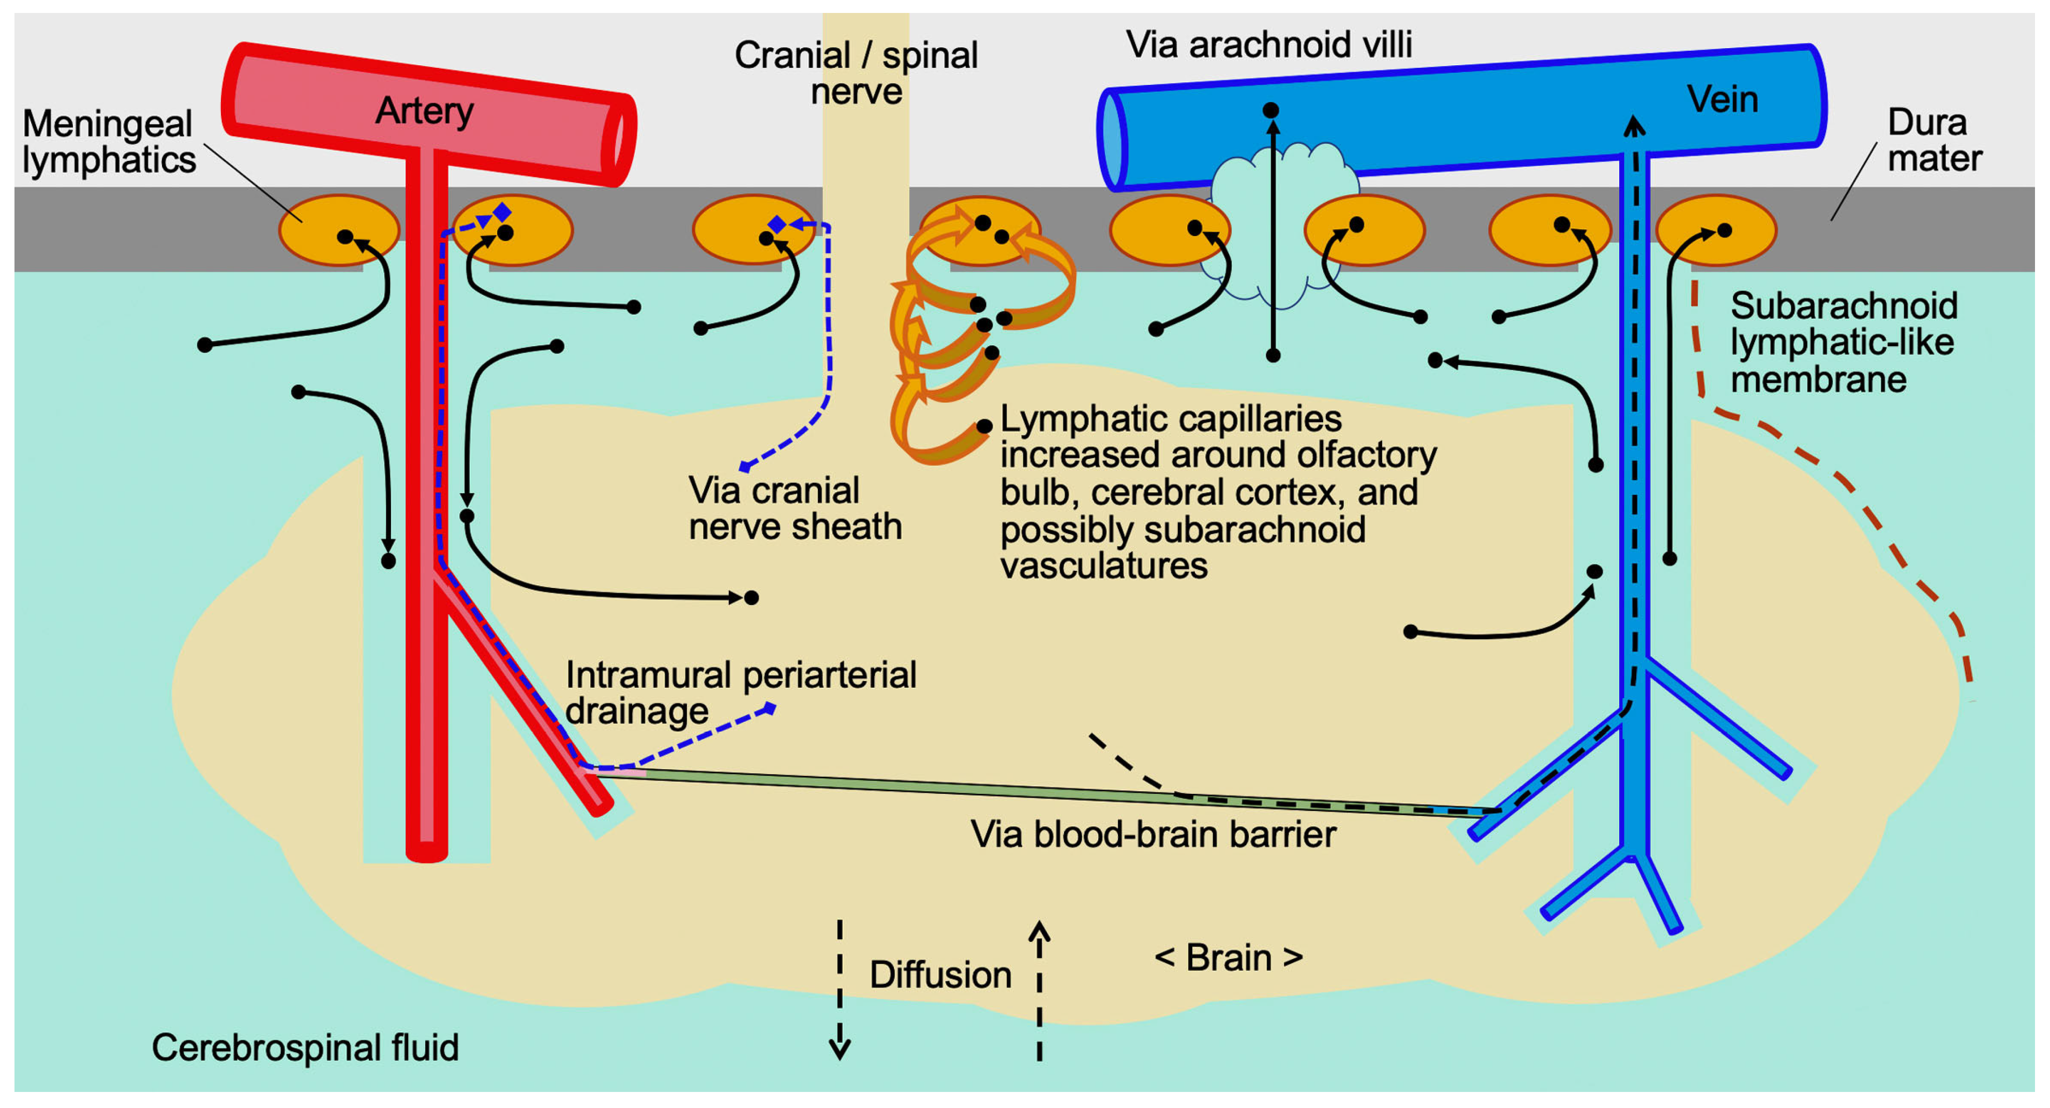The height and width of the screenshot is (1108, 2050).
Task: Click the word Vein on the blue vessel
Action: (x=1722, y=99)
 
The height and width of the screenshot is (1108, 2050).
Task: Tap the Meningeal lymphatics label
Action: (x=108, y=142)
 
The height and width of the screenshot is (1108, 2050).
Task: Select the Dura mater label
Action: (x=1934, y=140)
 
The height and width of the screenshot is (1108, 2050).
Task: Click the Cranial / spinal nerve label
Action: (x=856, y=73)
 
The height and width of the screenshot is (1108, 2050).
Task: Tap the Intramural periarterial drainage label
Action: (x=740, y=692)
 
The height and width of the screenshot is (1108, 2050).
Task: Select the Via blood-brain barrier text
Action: (x=1153, y=835)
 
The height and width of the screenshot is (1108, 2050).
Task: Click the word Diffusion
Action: (x=940, y=975)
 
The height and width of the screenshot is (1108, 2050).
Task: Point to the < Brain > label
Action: (x=1229, y=957)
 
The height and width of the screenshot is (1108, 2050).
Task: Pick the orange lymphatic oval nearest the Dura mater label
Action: (x=1716, y=231)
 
